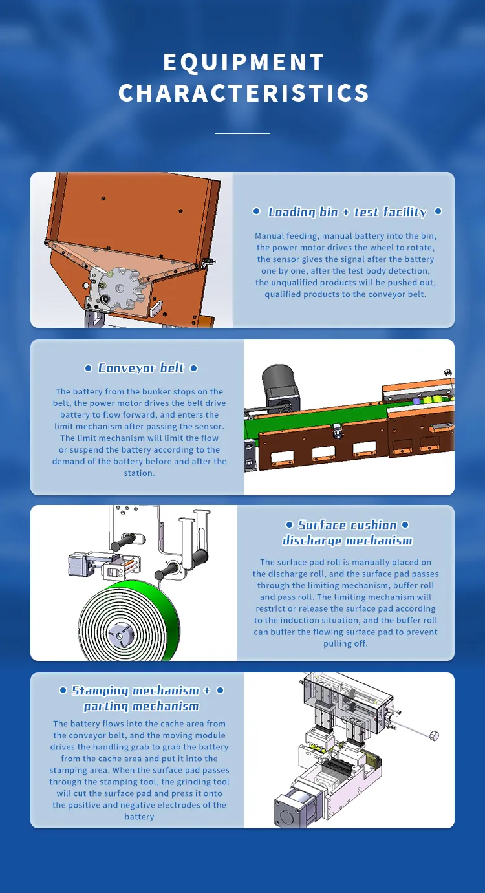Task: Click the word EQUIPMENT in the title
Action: (x=243, y=63)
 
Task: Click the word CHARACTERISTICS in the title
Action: (x=243, y=93)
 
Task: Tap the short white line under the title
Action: (x=242, y=133)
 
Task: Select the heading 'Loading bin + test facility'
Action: (x=347, y=212)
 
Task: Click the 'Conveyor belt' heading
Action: (x=141, y=368)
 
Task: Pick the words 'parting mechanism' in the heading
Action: (x=141, y=706)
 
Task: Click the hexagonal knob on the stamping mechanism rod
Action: (x=434, y=735)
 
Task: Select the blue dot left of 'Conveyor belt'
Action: (x=88, y=369)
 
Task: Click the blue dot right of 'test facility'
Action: (x=438, y=211)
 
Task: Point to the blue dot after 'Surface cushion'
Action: (x=405, y=525)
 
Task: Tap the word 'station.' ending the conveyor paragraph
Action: (x=139, y=473)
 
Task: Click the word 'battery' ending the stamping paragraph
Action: (x=139, y=817)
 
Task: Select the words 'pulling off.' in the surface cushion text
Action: (x=345, y=644)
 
